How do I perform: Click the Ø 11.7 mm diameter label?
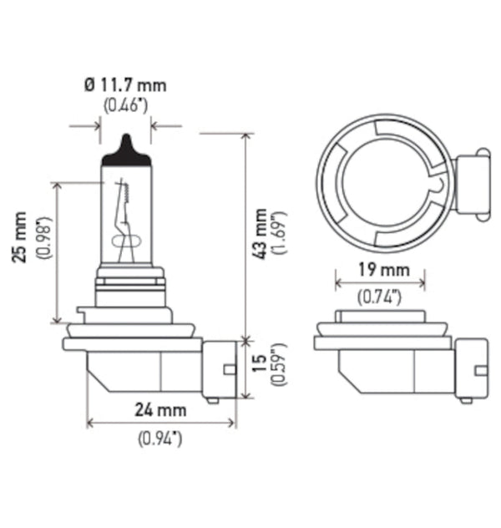(x=125, y=84)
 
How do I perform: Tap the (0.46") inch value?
(x=125, y=105)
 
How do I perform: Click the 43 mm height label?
(x=261, y=234)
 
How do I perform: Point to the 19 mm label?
(x=380, y=270)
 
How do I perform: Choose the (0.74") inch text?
(x=380, y=295)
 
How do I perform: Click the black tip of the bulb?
(x=125, y=149)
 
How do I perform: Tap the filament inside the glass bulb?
(x=124, y=217)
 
